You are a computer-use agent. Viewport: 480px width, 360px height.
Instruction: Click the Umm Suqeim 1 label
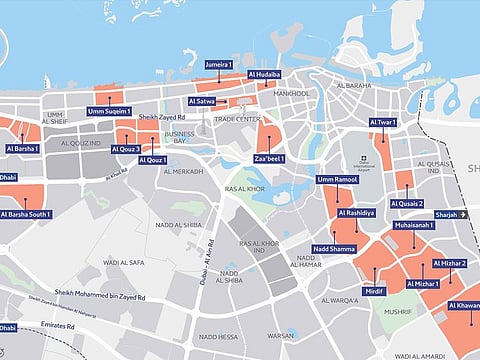pyautogui.click(x=109, y=111)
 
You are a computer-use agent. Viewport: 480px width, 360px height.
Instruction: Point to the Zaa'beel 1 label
pyautogui.click(x=269, y=159)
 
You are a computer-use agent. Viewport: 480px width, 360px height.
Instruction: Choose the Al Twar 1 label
pyautogui.click(x=382, y=122)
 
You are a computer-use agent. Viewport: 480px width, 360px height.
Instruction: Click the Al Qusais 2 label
pyautogui.click(x=407, y=203)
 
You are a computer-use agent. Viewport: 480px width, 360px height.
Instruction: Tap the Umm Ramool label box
pyautogui.click(x=336, y=180)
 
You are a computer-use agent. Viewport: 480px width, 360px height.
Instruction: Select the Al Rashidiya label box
pyautogui.click(x=357, y=213)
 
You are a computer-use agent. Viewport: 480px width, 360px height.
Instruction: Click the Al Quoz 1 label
pyautogui.click(x=153, y=160)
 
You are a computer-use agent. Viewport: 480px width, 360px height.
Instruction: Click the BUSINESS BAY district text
pyautogui.click(x=180, y=138)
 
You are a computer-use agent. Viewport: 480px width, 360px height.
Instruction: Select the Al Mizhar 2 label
pyautogui.click(x=450, y=263)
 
